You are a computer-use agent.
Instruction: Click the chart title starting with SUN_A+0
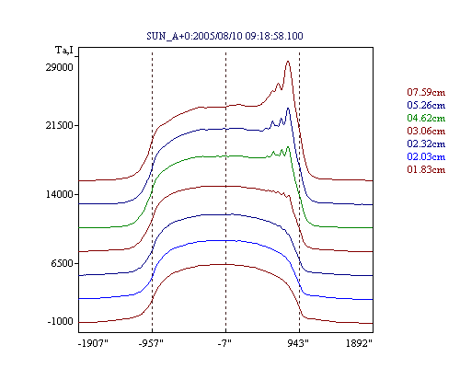point(224,36)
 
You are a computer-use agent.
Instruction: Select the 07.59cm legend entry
point(426,92)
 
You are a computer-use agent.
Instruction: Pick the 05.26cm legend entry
point(426,105)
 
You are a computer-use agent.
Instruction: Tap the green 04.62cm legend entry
point(426,118)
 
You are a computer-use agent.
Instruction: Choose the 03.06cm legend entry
point(426,131)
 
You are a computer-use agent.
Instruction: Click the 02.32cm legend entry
point(426,144)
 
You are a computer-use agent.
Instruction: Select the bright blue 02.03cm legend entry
point(426,156)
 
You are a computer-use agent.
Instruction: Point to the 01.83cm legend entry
point(426,169)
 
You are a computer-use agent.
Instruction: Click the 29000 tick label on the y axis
point(60,67)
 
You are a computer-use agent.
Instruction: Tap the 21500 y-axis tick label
point(60,125)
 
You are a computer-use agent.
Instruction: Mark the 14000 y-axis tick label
point(60,194)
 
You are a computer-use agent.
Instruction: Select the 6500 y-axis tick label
point(63,263)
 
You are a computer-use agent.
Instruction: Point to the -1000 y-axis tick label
point(61,321)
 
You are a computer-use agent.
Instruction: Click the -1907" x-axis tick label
point(93,343)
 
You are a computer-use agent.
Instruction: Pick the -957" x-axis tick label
point(151,343)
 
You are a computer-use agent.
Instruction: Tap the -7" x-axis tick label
point(224,343)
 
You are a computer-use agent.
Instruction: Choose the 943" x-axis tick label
point(298,343)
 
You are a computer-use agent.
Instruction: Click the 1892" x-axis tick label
point(359,343)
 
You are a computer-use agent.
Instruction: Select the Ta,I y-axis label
point(64,50)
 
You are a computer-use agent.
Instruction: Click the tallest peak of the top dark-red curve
point(288,62)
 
